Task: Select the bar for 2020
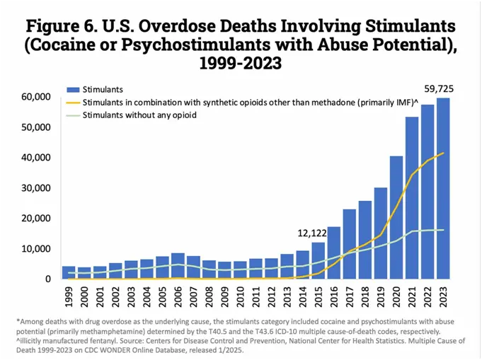(x=396, y=217)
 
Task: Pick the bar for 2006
(x=178, y=266)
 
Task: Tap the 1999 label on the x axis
(x=69, y=298)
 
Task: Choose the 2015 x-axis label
(x=319, y=298)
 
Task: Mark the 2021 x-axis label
(x=412, y=298)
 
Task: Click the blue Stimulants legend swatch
(x=73, y=90)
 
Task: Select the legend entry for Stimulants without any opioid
(x=139, y=115)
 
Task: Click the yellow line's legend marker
(x=73, y=103)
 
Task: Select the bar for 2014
(x=303, y=265)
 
